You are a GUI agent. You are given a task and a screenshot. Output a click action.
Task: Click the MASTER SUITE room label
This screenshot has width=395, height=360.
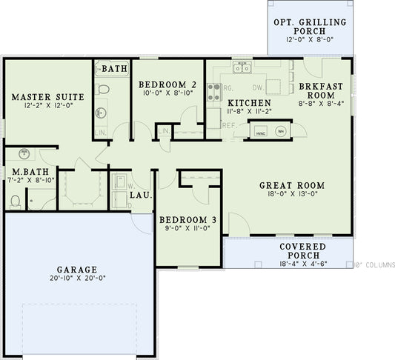[x=47, y=97]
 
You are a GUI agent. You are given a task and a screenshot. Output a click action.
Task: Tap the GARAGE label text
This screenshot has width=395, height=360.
[x=78, y=269]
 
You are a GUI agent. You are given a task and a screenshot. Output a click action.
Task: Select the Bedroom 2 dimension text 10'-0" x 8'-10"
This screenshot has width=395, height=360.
[x=167, y=93]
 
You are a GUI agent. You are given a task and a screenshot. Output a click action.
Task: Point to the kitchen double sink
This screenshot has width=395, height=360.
[x=242, y=68]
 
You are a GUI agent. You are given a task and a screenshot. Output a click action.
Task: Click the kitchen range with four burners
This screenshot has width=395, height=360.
[x=213, y=92]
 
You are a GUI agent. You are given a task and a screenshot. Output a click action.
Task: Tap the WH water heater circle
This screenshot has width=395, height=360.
[x=280, y=131]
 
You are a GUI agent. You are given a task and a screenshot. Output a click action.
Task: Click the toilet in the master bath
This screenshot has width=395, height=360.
[x=16, y=200]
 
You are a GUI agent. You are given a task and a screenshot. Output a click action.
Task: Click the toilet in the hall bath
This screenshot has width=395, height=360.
[x=104, y=89]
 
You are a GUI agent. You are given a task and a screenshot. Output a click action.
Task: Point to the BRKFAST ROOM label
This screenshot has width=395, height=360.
[x=321, y=91]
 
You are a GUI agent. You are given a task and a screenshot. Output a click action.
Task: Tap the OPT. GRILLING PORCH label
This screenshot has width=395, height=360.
[x=310, y=27]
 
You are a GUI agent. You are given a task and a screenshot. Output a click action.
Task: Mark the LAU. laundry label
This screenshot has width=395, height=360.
[x=141, y=196]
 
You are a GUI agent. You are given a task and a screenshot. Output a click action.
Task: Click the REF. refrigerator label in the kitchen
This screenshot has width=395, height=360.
[x=229, y=125]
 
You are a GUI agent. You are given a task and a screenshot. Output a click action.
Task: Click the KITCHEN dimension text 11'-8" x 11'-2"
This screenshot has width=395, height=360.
[x=249, y=112]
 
